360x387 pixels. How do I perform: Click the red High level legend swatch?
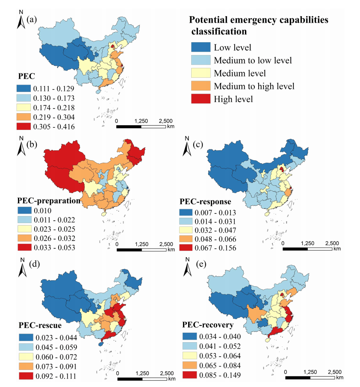[x=201, y=99]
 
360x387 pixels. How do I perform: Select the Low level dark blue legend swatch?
[x=201, y=47]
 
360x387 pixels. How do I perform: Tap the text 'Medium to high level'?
[x=254, y=86]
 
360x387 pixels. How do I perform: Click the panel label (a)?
[x=32, y=19]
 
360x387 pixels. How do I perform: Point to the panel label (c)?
[x=198, y=144]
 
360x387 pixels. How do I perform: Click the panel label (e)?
[x=201, y=264]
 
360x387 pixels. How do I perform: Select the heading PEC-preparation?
[x=49, y=201]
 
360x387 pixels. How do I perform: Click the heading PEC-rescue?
[x=40, y=325]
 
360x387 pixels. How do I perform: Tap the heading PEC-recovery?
[x=208, y=325]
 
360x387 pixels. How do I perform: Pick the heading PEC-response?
[x=205, y=201]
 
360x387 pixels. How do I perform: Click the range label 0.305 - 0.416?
[x=54, y=126]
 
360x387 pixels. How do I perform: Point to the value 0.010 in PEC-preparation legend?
[x=42, y=211]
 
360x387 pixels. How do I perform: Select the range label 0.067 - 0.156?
[x=215, y=248]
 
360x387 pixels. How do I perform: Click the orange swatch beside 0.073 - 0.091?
[x=26, y=366]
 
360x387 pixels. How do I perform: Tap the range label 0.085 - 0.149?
[x=220, y=375]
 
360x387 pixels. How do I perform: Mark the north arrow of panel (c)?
[x=187, y=147]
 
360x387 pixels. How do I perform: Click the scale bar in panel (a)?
[x=141, y=126]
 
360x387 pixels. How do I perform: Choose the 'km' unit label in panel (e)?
[x=339, y=377]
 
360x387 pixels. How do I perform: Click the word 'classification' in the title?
[x=219, y=32]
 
